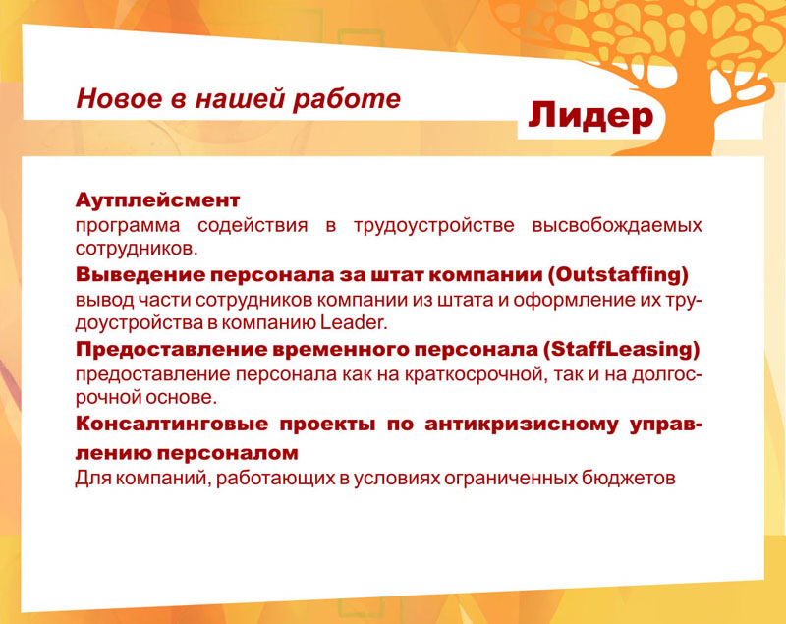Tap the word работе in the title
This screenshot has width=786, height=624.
357,99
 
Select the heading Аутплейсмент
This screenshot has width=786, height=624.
157,201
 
